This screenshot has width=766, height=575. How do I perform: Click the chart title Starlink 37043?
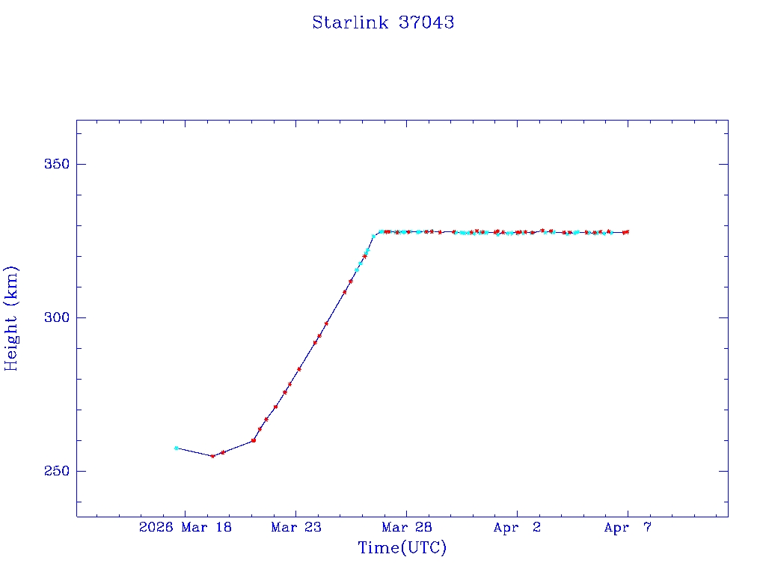click(x=383, y=22)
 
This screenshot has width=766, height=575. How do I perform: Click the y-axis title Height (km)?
click(x=11, y=317)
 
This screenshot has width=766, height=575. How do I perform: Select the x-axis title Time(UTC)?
click(x=402, y=548)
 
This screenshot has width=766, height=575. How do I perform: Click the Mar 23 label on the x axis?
click(x=295, y=528)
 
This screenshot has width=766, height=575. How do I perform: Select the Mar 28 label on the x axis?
click(x=406, y=528)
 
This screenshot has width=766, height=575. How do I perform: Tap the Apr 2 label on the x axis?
click(x=517, y=528)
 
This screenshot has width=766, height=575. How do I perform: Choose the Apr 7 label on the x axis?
click(x=628, y=528)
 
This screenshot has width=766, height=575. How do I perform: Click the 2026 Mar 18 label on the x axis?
click(x=185, y=528)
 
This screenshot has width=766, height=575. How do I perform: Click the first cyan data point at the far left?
click(x=176, y=448)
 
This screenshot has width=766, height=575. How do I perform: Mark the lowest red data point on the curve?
click(x=212, y=456)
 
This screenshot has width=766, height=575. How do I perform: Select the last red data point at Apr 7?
click(x=627, y=232)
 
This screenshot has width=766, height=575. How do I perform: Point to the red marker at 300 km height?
click(x=326, y=323)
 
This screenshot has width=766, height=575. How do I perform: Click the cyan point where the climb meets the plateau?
click(x=373, y=237)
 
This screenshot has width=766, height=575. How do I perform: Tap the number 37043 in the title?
click(x=426, y=22)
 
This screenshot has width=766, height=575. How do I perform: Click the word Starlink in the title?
click(x=349, y=22)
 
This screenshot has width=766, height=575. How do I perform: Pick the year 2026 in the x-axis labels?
click(x=156, y=528)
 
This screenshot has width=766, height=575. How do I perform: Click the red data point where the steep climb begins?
click(x=254, y=440)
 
